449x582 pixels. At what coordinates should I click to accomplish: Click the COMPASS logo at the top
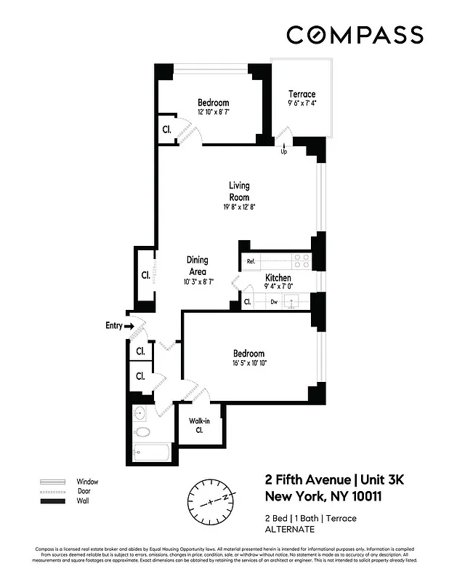[x=355, y=34]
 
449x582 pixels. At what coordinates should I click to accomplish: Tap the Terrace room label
[x=302, y=95]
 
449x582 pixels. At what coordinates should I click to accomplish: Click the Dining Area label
[x=197, y=266]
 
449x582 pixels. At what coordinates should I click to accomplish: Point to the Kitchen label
[x=278, y=278]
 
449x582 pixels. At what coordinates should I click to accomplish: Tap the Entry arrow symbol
[x=129, y=327]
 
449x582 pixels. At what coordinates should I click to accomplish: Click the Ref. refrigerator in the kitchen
[x=251, y=261]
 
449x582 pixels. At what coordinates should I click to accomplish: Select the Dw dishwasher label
[x=273, y=301]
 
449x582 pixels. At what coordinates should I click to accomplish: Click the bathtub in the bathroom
[x=151, y=452]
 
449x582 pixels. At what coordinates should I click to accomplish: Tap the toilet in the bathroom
[x=143, y=432]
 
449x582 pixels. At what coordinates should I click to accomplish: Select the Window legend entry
[x=87, y=482]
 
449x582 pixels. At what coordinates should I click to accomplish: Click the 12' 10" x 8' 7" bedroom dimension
[x=213, y=113]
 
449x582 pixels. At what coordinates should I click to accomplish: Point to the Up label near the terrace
[x=283, y=152]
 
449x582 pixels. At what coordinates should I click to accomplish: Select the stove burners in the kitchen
[x=301, y=261]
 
